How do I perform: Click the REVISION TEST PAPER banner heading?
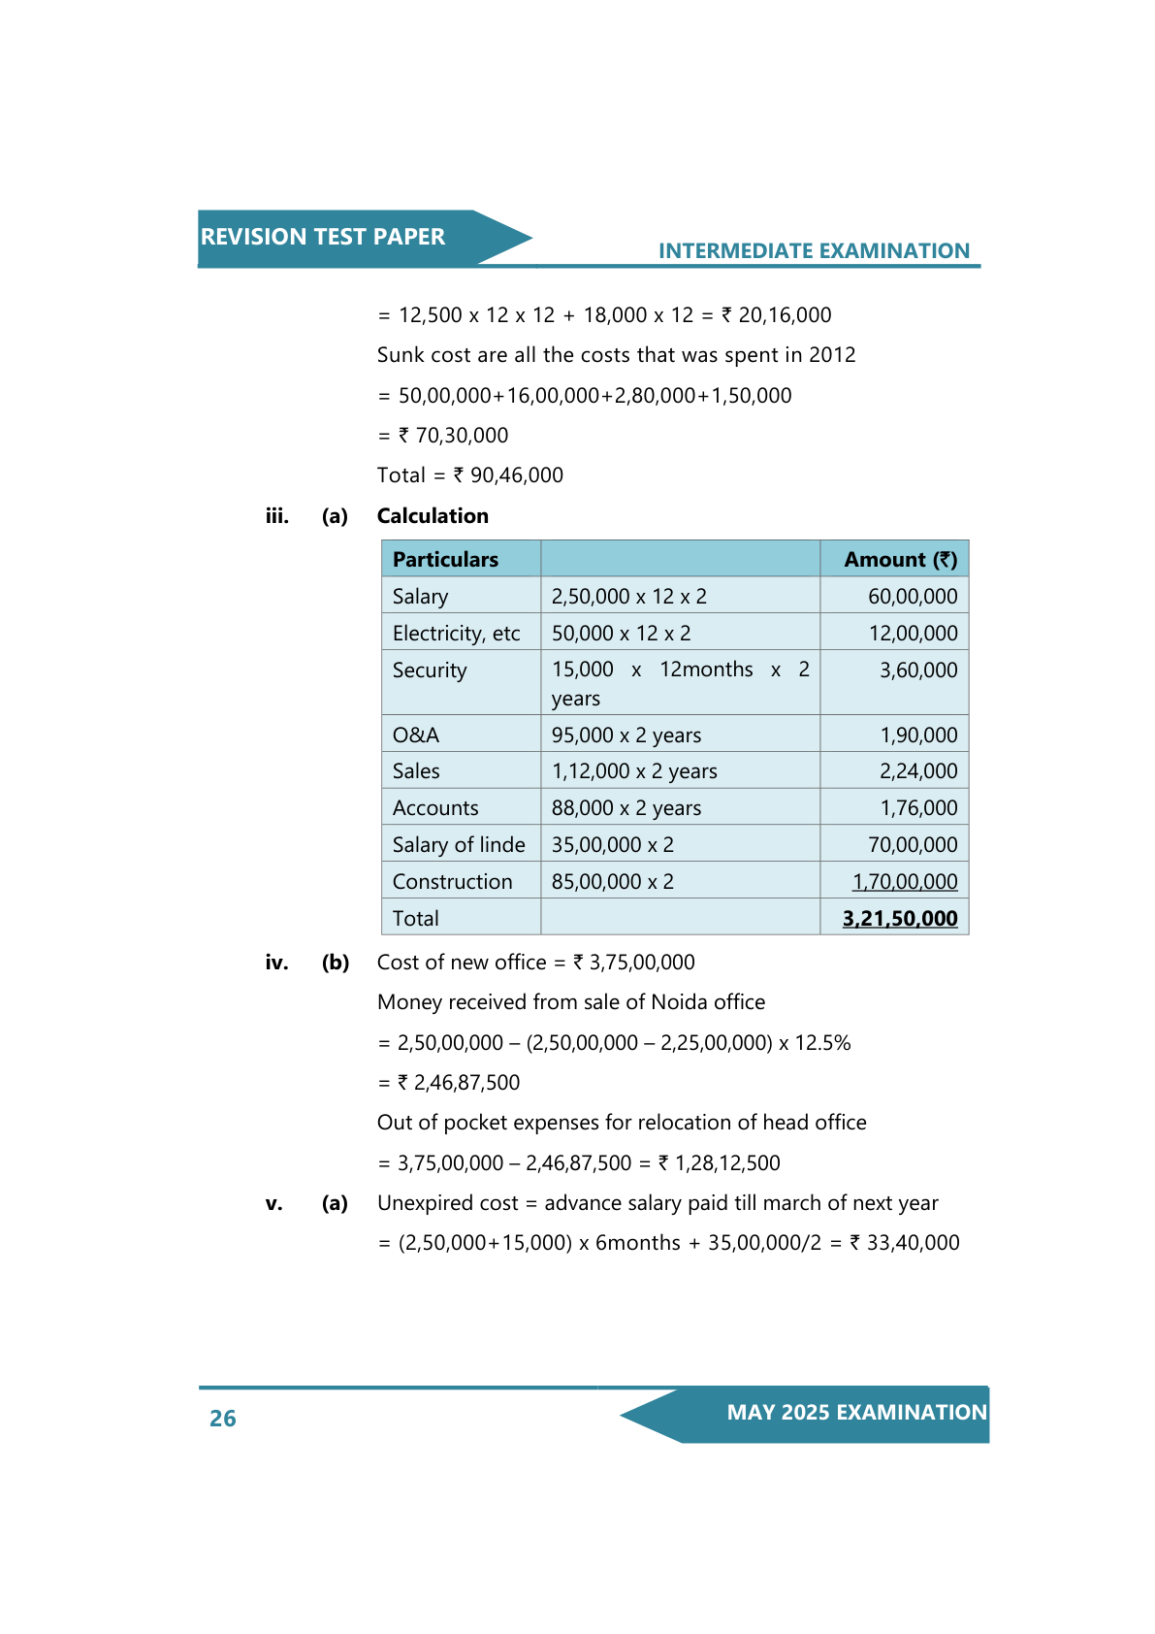323,237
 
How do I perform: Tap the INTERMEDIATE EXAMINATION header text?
814,251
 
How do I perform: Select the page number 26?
223,1419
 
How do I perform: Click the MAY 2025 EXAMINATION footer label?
856,1413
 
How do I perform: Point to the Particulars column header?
445,560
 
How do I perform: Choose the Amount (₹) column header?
900,560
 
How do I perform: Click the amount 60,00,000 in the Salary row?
913,597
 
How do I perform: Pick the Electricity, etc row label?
456,634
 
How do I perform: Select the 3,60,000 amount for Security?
918,670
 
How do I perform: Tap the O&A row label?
416,735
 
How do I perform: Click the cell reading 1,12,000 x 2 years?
634,771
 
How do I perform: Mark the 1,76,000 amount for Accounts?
918,808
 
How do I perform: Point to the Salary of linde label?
459,845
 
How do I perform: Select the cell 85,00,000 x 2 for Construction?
613,882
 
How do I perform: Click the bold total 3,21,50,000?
900,919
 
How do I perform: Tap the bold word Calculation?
433,516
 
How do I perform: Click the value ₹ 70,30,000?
453,436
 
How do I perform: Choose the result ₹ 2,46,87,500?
459,1083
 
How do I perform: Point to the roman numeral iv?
276,963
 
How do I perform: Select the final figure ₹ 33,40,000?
905,1243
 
